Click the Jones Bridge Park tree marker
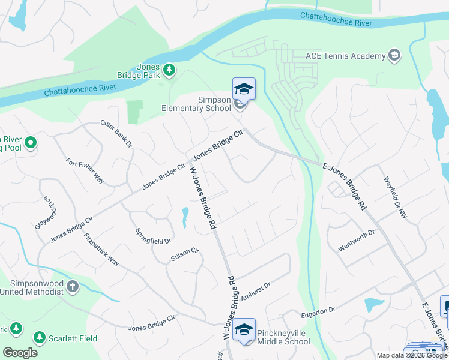[x=170, y=70]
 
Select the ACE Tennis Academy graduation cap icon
[x=394, y=56]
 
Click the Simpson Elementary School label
[x=196, y=104]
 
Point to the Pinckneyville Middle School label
[x=283, y=337]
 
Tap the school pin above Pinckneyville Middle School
[x=244, y=329]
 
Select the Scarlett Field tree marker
[x=40, y=338]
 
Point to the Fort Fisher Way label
[x=85, y=172]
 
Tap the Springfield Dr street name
[x=153, y=235]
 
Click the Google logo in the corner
[x=19, y=352]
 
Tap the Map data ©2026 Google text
[x=412, y=355]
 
